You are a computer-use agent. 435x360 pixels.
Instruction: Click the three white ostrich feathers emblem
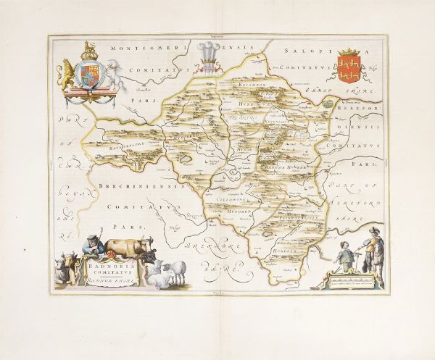[210, 55]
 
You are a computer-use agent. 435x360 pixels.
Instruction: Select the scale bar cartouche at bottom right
[355, 277]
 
